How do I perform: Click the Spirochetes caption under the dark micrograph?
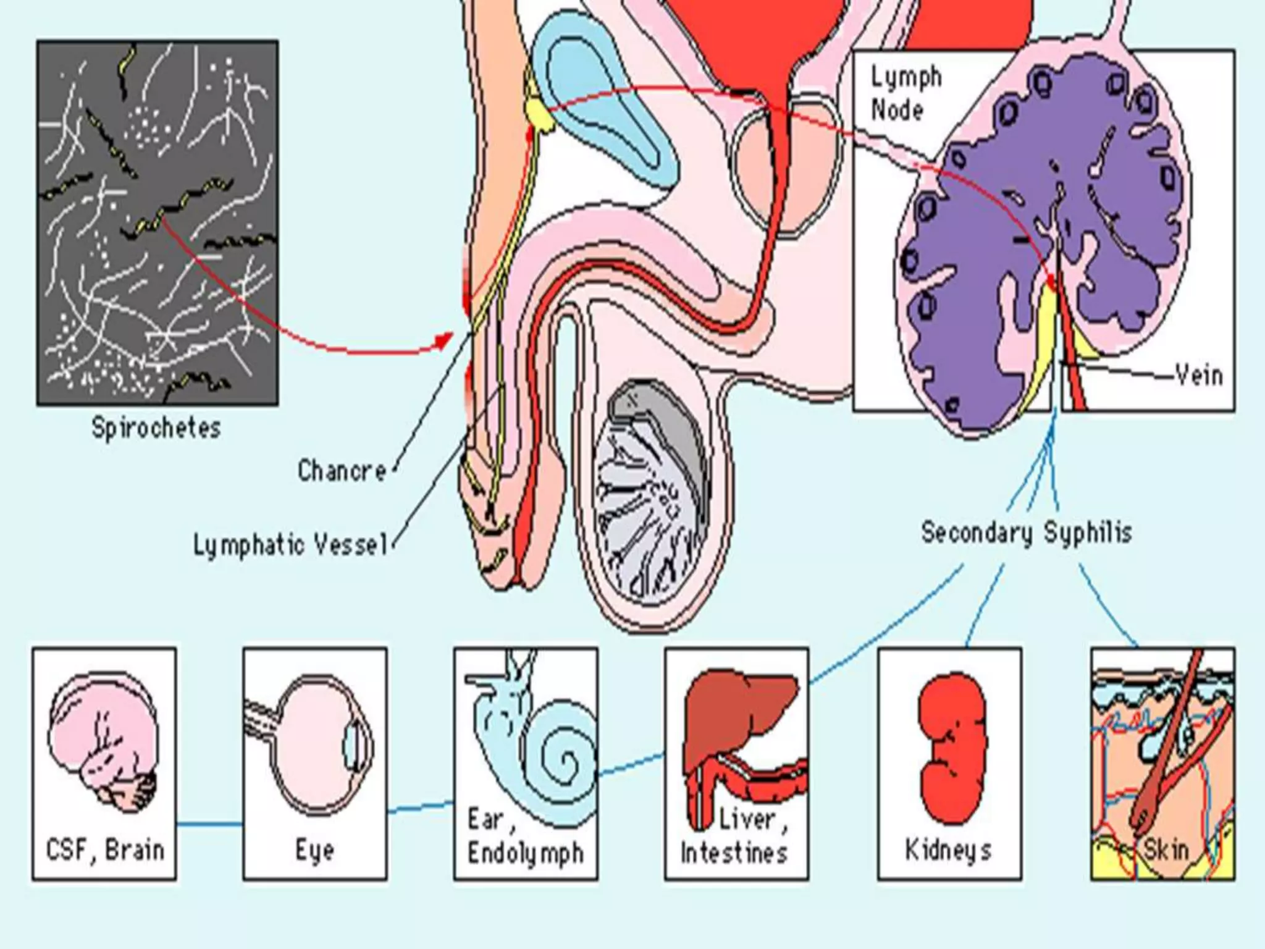click(x=156, y=428)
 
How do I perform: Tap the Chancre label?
click(x=342, y=471)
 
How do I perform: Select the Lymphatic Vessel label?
click(x=290, y=545)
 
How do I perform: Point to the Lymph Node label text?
click(x=906, y=94)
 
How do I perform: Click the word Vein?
click(x=1199, y=375)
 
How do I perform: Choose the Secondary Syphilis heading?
click(x=1026, y=533)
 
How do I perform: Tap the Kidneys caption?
click(x=948, y=850)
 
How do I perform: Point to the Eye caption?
click(x=315, y=851)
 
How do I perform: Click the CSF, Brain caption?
click(x=105, y=850)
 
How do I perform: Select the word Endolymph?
click(x=526, y=853)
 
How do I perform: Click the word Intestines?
click(x=734, y=853)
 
